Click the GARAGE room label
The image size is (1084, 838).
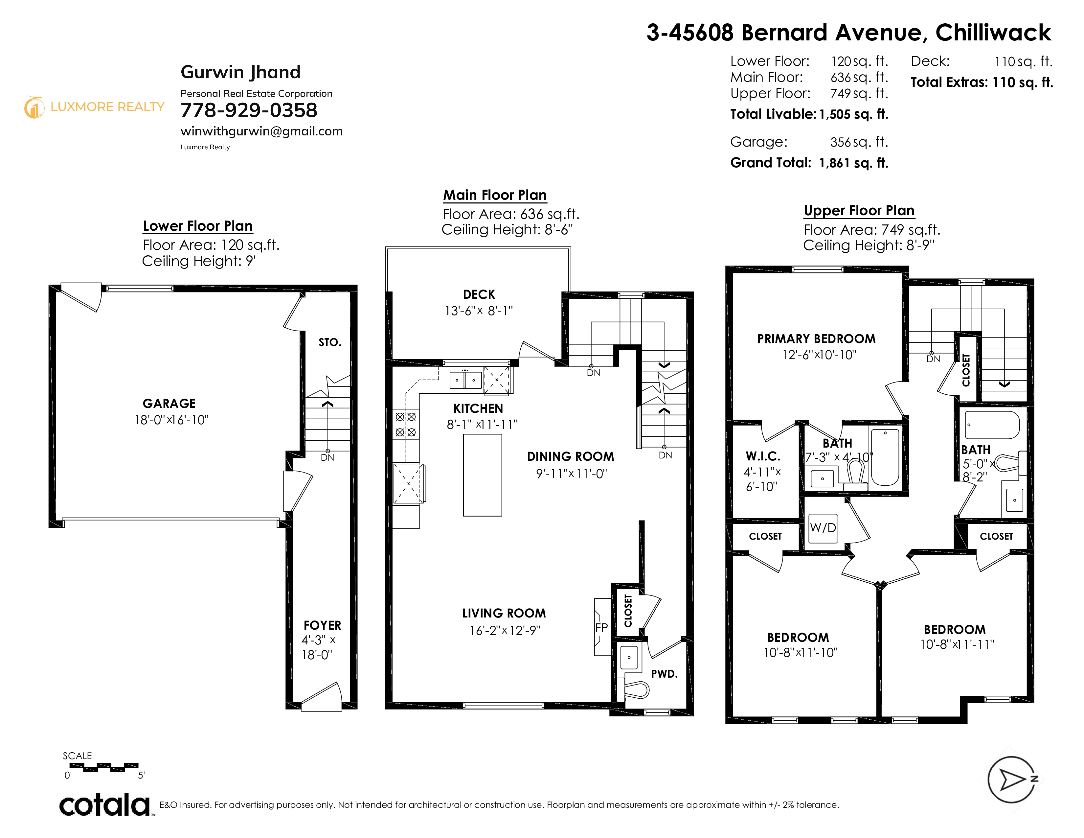point(169,404)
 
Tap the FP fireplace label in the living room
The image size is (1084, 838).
point(601,627)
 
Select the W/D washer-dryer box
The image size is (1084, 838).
point(823,528)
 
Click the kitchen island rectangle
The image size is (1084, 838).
point(483,475)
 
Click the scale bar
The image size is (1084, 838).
point(104,767)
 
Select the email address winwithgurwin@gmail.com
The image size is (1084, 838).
point(261,131)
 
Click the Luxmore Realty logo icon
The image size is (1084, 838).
point(34,107)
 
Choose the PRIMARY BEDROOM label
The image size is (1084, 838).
point(817,339)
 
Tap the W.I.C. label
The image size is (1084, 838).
point(763,456)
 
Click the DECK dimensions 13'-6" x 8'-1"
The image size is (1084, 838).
point(479,311)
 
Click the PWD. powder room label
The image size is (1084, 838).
point(665,674)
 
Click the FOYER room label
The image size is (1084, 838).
point(323,625)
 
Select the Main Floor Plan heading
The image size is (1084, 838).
point(495,195)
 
